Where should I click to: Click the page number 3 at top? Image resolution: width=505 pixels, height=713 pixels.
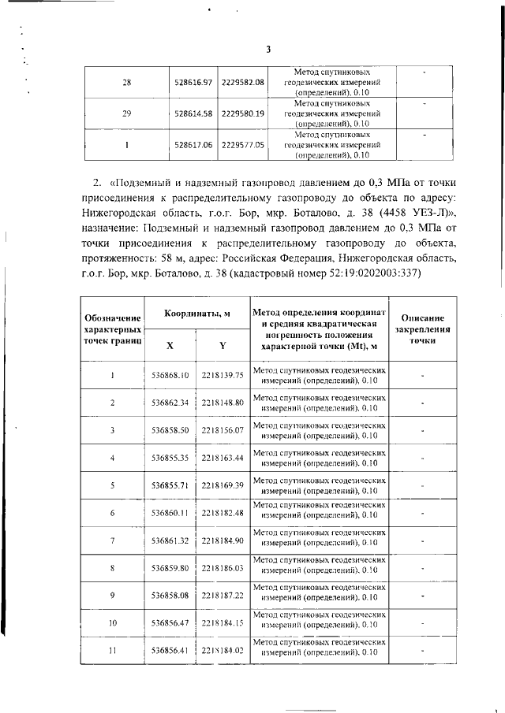267,50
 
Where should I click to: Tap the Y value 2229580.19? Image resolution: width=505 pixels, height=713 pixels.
242,113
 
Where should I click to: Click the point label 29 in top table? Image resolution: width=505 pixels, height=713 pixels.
126,113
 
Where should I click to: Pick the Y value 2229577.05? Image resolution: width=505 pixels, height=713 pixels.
242,145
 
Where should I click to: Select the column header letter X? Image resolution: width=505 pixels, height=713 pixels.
170,345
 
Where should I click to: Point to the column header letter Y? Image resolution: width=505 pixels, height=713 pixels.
223,345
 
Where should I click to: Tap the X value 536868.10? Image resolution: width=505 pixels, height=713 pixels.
170,376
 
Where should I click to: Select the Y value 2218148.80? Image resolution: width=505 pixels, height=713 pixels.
223,403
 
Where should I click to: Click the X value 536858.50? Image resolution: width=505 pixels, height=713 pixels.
170,430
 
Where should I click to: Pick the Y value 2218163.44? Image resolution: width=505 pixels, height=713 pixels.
223,458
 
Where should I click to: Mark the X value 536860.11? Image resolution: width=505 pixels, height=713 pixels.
170,513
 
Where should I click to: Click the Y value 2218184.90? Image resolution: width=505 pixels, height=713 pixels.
223,540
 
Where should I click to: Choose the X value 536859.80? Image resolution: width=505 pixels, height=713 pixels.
170,568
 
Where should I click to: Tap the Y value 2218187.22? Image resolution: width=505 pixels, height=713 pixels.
223,596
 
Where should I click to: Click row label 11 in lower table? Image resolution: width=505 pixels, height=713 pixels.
113,651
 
